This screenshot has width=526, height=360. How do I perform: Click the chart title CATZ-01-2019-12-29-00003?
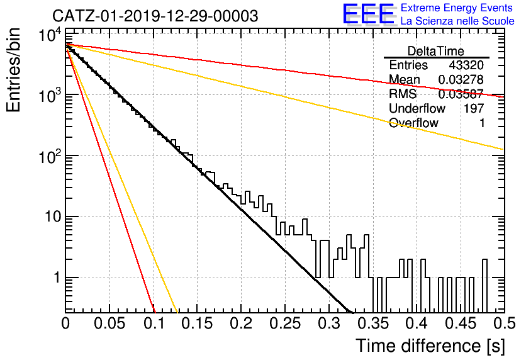click(x=155, y=16)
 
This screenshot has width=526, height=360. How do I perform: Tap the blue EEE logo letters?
click(x=368, y=14)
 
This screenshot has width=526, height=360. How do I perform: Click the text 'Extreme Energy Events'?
click(x=457, y=8)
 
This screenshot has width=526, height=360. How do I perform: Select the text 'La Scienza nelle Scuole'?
click(x=457, y=21)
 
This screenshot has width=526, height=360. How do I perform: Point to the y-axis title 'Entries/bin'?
click(x=13, y=70)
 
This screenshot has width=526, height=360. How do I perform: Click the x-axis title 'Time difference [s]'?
click(x=430, y=346)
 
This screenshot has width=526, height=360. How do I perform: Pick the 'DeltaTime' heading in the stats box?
click(x=436, y=51)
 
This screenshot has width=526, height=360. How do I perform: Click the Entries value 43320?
click(x=466, y=65)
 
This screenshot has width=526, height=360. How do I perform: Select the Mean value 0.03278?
click(x=461, y=79)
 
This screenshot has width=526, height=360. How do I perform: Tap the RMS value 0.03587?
click(x=461, y=94)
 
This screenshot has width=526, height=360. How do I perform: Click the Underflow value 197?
click(x=474, y=108)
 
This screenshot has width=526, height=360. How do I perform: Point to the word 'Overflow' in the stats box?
click(x=413, y=123)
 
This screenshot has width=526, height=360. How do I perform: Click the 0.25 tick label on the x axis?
click(x=285, y=323)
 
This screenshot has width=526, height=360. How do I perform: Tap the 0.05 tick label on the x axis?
click(x=109, y=323)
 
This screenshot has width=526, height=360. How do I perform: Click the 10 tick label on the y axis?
click(x=53, y=217)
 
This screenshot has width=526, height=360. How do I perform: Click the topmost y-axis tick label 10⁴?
click(x=50, y=35)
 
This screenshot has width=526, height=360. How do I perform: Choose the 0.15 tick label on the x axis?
click(x=198, y=323)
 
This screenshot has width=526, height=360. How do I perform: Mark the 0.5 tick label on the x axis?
click(x=504, y=323)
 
